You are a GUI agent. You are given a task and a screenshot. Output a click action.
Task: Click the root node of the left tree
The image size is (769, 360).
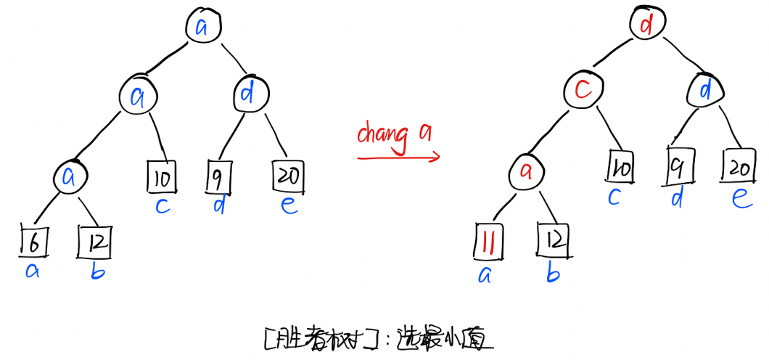pos(202,27)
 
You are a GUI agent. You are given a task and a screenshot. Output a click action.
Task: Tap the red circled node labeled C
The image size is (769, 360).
pos(583,91)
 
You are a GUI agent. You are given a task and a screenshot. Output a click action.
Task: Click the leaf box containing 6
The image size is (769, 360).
pos(33,243)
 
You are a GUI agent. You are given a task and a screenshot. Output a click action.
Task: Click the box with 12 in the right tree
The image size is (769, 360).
pos(553,240)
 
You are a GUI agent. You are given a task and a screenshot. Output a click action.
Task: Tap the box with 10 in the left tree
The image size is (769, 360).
pos(162,176)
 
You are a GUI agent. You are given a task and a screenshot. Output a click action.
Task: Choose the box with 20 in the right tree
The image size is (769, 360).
pos(739,167)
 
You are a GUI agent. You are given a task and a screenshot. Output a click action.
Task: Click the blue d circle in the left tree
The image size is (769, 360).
pos(251,93)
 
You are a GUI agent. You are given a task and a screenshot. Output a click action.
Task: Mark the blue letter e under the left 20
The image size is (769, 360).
pos(289,205)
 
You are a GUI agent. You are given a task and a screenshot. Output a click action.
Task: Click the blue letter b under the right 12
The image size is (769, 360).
pos(552,274)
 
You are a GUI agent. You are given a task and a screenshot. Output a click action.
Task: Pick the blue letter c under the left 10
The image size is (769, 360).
pos(162,206)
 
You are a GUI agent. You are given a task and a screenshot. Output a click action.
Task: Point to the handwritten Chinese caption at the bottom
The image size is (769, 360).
pos(378,337)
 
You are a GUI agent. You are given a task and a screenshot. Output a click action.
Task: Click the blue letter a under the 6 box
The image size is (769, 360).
pos(33,272)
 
